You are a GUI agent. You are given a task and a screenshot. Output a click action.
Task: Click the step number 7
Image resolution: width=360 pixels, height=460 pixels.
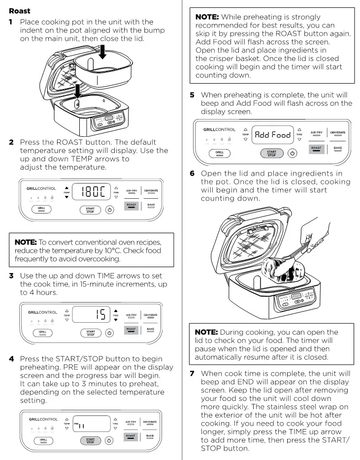pyautogui.click(x=193, y=374)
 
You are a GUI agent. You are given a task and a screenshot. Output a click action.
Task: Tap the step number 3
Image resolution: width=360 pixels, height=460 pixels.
pyautogui.click(x=11, y=276)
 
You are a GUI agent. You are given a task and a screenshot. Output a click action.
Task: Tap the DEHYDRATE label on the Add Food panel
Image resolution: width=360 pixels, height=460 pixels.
pyautogui.click(x=337, y=132)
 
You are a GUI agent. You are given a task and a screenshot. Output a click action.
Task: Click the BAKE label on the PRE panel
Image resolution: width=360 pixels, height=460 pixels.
pyautogui.click(x=150, y=436)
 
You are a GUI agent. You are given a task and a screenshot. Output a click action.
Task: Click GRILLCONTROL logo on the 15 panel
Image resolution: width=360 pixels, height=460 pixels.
pyautogui.click(x=42, y=312)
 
